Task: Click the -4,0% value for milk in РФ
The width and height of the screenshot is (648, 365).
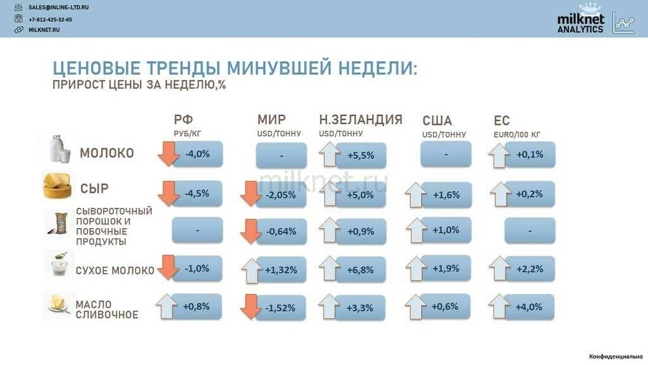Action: click(x=197, y=154)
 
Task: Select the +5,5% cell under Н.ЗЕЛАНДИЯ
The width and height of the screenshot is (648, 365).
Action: click(x=361, y=156)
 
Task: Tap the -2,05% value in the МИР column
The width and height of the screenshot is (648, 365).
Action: click(x=281, y=195)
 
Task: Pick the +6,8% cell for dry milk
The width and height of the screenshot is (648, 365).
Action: click(x=360, y=270)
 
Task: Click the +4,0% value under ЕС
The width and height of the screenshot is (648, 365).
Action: click(x=529, y=307)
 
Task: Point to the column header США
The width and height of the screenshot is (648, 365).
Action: click(x=437, y=120)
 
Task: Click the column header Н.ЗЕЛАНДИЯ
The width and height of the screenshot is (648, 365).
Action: click(x=361, y=120)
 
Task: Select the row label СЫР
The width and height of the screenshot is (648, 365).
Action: click(x=94, y=189)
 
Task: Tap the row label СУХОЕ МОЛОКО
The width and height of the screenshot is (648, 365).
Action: click(x=115, y=271)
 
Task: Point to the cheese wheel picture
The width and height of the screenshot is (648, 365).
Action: click(x=58, y=186)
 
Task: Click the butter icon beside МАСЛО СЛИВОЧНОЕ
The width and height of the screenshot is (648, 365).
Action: click(x=58, y=304)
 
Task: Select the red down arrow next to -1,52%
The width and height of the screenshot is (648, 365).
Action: click(x=251, y=307)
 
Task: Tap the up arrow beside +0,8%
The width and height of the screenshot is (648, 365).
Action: click(x=166, y=306)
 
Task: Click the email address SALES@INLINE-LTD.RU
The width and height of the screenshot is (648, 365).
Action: click(x=58, y=8)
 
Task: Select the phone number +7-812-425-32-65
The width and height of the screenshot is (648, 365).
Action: click(x=50, y=20)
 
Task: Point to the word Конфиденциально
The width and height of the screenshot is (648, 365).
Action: click(x=616, y=356)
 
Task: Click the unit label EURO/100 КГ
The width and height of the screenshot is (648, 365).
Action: click(x=516, y=134)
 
